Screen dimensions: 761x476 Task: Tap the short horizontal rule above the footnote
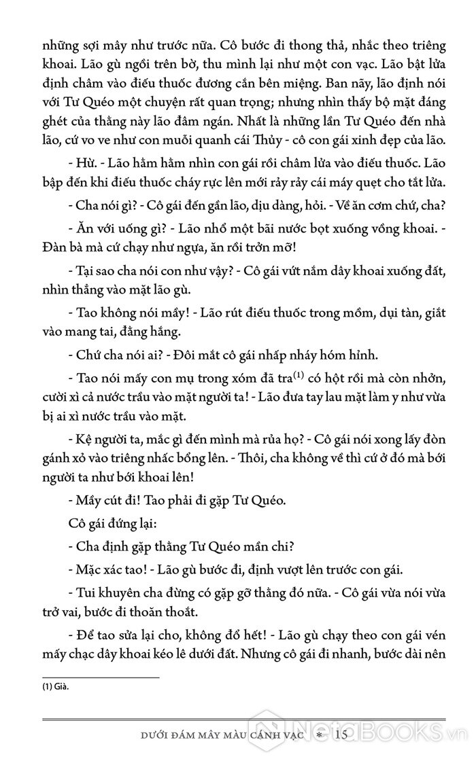pyautogui.click(x=101, y=677)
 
